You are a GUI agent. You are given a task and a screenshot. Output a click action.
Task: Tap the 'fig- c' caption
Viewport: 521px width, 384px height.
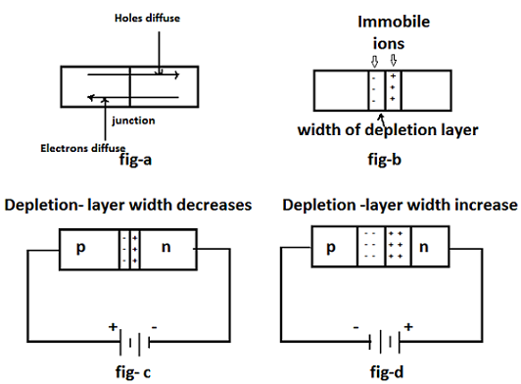tap(132, 372)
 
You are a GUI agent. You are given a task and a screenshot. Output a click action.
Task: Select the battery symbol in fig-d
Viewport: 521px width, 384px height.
tap(390, 342)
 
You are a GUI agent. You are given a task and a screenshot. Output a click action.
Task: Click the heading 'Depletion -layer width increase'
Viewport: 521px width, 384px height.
tap(399, 205)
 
